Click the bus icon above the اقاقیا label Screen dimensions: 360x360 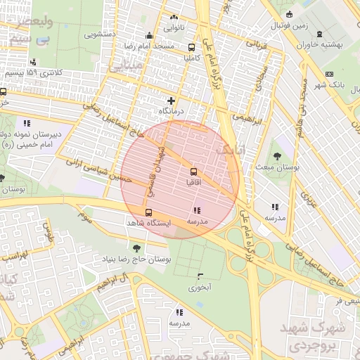[193, 171]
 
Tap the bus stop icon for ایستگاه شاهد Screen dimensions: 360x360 [148, 212]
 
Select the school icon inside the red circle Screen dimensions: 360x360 [196, 210]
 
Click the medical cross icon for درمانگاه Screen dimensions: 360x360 [171, 101]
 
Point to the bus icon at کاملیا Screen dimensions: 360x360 [192, 48]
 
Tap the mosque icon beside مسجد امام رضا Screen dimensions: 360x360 [148, 37]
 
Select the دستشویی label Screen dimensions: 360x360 [100, 33]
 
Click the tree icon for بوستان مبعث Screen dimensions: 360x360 [278, 157]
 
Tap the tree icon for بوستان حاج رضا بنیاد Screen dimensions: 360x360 [136, 247]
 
